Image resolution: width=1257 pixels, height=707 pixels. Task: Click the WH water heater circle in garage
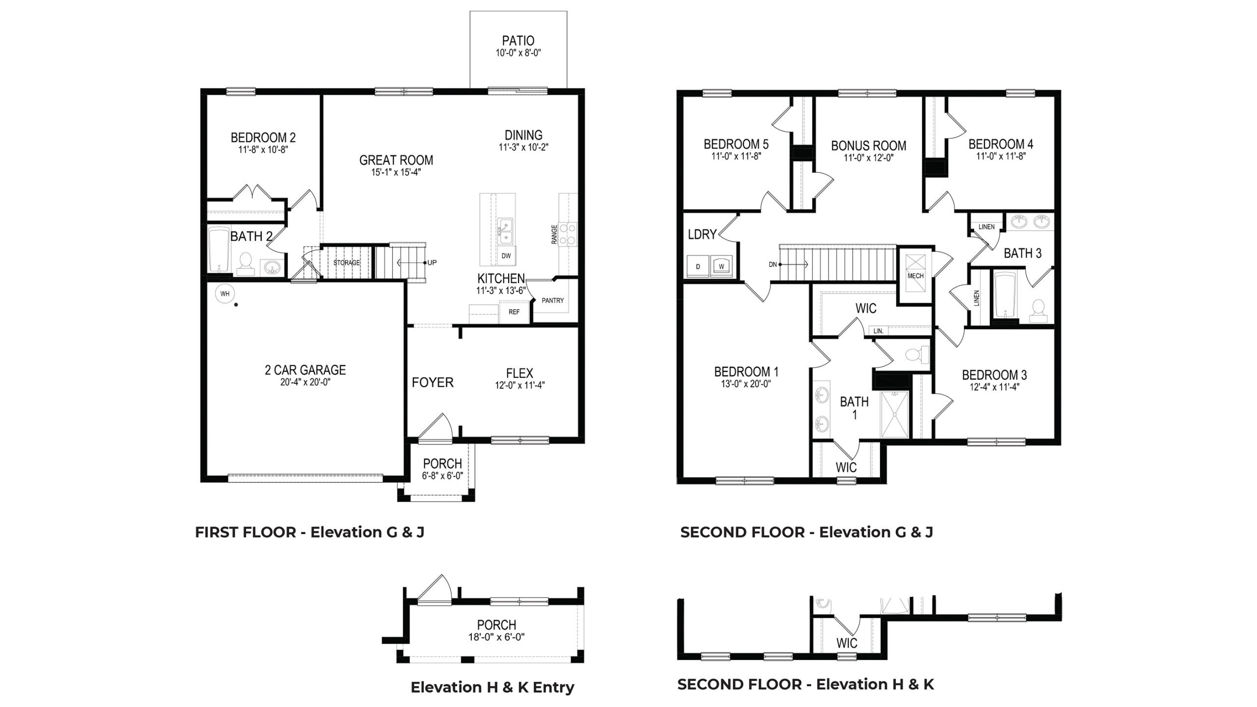(x=225, y=294)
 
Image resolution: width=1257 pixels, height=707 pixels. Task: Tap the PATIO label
(x=518, y=41)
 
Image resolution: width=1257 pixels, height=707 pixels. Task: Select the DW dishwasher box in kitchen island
(x=506, y=256)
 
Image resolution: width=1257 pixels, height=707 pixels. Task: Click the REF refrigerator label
(x=514, y=312)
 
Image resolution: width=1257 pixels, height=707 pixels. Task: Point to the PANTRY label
(x=552, y=300)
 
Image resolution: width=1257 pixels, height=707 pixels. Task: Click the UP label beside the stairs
(x=432, y=263)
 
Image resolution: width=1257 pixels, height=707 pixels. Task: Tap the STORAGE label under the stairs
(x=347, y=263)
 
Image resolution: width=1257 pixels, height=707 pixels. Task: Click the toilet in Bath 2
(x=245, y=264)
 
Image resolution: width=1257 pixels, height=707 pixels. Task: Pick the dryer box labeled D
(x=698, y=267)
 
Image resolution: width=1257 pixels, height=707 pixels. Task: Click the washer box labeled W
(x=721, y=267)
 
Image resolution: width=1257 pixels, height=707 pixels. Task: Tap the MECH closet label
(x=915, y=276)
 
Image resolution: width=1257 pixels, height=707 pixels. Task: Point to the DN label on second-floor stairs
(x=773, y=264)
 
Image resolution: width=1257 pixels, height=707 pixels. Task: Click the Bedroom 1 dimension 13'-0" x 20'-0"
(x=746, y=384)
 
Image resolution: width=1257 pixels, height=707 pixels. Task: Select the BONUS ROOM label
(x=868, y=146)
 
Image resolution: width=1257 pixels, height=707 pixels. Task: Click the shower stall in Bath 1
(x=895, y=414)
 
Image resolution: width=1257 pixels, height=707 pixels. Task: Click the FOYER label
(x=433, y=382)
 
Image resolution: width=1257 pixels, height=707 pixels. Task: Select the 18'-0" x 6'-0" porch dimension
(x=496, y=637)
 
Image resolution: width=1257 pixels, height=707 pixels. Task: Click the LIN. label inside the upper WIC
(x=878, y=331)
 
